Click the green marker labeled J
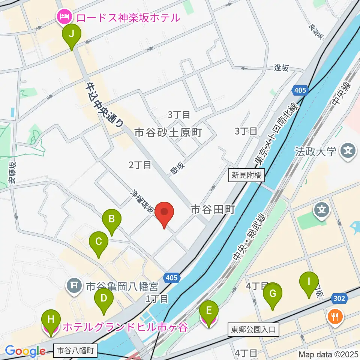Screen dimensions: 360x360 click(71, 35)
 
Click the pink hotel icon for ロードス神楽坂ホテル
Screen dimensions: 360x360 click(63, 17)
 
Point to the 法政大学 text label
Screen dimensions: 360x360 click(315, 152)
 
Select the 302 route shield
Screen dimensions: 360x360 click(339, 298)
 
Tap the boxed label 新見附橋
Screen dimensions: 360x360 click(247, 175)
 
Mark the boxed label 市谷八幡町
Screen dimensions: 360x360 click(76, 351)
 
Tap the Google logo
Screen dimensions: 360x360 click(25, 351)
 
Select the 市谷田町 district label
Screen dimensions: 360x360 click(213, 209)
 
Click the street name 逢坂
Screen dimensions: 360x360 click(282, 68)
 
